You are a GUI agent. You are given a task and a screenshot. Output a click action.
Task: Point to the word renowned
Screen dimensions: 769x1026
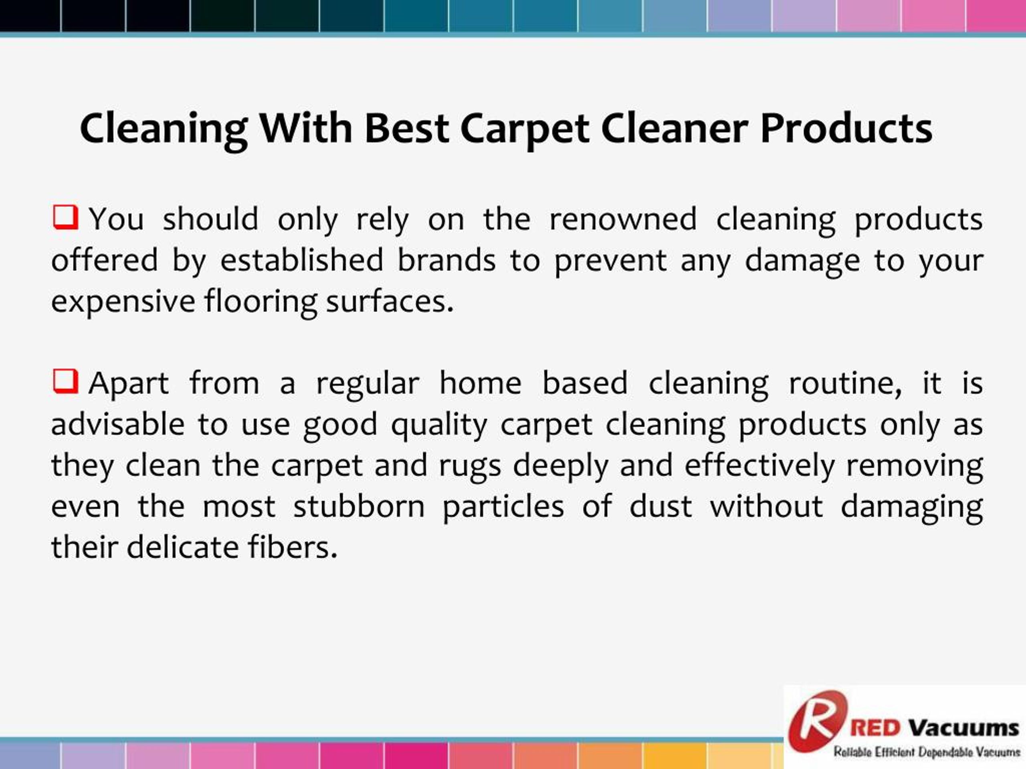(x=623, y=219)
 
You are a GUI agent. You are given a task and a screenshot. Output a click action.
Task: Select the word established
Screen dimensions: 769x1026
(x=301, y=260)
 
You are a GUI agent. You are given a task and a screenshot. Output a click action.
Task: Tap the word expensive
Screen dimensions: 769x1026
(x=123, y=302)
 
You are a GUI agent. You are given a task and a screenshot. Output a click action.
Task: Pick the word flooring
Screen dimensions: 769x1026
(x=261, y=302)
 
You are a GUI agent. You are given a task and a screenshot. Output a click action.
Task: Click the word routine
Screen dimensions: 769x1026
(x=845, y=383)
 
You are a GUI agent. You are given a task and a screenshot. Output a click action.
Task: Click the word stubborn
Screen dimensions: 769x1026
(x=359, y=506)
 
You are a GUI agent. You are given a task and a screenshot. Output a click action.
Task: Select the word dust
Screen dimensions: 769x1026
(x=661, y=506)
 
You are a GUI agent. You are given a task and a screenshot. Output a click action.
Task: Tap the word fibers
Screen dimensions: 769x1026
(x=292, y=547)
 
